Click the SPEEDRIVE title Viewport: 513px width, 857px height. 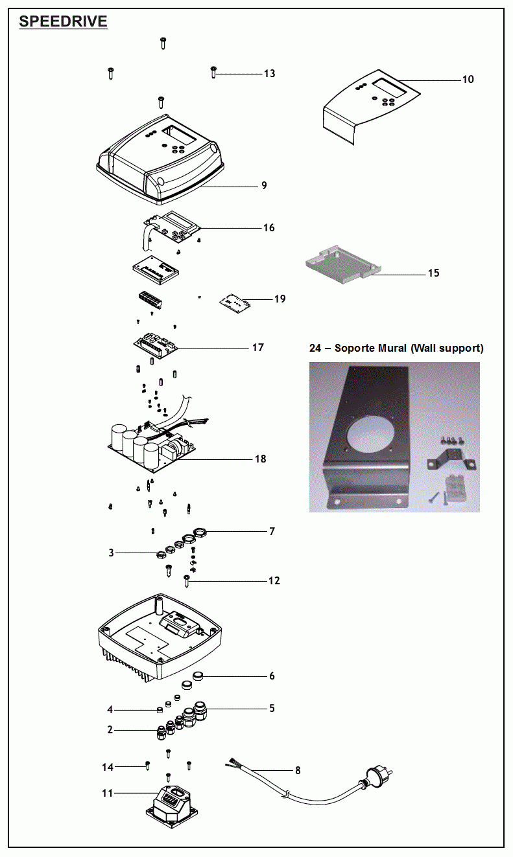tap(63, 21)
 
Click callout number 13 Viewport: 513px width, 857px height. tap(269, 74)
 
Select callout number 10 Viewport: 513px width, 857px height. tap(468, 80)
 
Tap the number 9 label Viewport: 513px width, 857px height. tap(264, 186)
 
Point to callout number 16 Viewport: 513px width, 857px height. tap(268, 228)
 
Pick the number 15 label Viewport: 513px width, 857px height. tap(433, 273)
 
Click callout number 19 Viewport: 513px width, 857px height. tap(280, 299)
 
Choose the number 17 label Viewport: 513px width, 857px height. tap(257, 348)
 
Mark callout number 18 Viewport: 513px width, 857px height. tap(260, 459)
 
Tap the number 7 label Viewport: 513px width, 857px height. tap(272, 532)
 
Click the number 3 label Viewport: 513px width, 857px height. tap(112, 553)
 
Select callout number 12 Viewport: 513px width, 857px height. tap(274, 581)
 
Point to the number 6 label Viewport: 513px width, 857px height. tap(272, 676)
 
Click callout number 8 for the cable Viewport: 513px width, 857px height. tap(298, 771)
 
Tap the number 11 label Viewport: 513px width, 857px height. tap(108, 793)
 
